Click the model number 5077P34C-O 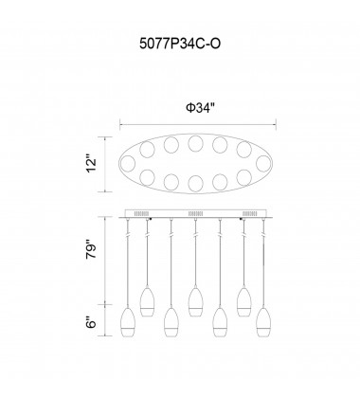(x=180, y=44)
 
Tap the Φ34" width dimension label (x=200, y=108)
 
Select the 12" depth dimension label (x=92, y=164)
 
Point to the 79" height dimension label (x=92, y=251)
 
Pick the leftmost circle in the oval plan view (x=127, y=164)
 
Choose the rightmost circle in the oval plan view (x=263, y=164)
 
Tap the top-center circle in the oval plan (x=195, y=144)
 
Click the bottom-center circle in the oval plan (x=195, y=183)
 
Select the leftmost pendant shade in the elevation (x=128, y=322)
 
